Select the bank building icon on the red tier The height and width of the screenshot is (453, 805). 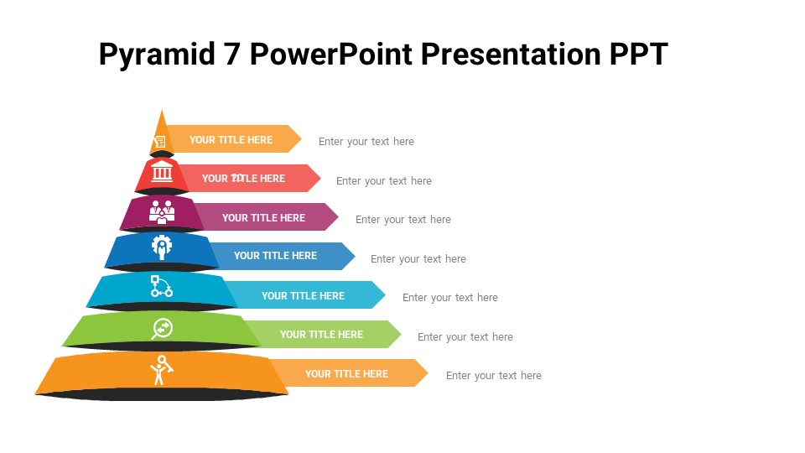(163, 174)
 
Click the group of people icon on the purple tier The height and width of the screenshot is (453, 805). (161, 211)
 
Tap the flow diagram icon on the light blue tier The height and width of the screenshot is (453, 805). (161, 287)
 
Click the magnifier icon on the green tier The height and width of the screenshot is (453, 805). (162, 328)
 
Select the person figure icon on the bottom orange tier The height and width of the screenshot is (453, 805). (160, 370)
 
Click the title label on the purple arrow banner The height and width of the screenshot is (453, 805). (263, 217)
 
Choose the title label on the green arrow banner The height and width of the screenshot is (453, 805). (321, 334)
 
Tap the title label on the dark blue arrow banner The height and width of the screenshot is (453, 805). (275, 256)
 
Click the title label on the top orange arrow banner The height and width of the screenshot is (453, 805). (231, 140)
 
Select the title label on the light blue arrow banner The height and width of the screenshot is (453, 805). (303, 295)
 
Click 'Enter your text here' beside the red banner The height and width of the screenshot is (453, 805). (384, 181)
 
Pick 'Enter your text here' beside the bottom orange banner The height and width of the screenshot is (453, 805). (494, 376)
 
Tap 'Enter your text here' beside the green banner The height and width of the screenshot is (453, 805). (465, 337)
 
